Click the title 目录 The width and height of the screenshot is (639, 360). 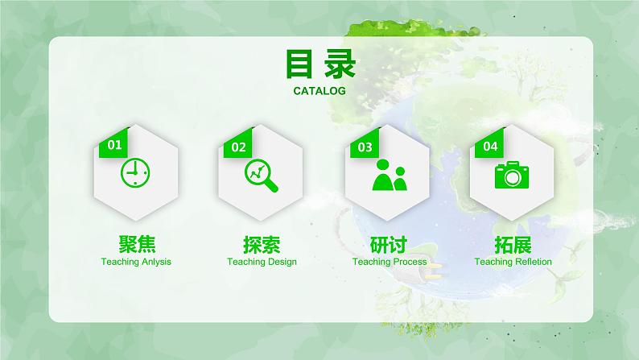(319, 64)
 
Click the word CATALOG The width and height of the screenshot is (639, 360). (319, 91)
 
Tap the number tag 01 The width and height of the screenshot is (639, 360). (114, 146)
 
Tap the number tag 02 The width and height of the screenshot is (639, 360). (239, 147)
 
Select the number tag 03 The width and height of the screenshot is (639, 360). (365, 147)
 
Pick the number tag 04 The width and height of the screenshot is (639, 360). (490, 146)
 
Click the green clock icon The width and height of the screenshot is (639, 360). (135, 172)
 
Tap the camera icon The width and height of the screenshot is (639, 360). (513, 174)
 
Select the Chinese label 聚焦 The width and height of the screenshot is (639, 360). (136, 243)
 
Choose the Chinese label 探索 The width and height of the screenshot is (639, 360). (262, 243)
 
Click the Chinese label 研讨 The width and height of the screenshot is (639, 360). (389, 243)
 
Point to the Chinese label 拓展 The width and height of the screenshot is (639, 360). (513, 243)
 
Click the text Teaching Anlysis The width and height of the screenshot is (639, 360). (136, 262)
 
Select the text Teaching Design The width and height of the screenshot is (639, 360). (262, 262)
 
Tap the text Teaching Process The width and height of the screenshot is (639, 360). (390, 262)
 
